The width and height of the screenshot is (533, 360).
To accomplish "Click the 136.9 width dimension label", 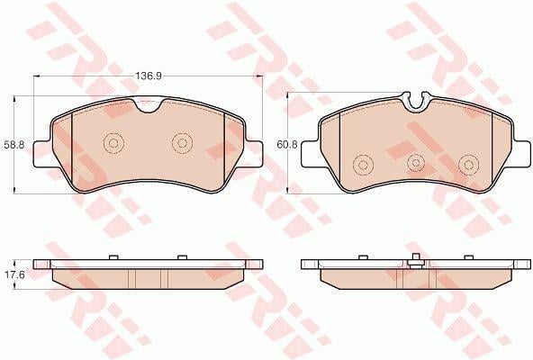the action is click(149, 76).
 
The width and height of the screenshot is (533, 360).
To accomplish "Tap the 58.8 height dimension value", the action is click(14, 145).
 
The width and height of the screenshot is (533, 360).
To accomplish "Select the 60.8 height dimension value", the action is click(287, 145).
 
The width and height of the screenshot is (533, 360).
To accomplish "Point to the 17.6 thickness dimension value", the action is click(14, 274).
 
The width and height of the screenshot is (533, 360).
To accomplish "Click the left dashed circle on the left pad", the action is click(113, 143).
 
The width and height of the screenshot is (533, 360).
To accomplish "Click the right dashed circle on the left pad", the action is click(182, 143).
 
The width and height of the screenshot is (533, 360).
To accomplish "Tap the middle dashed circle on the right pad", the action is click(415, 163).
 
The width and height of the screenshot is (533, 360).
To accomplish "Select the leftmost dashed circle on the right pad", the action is click(364, 166).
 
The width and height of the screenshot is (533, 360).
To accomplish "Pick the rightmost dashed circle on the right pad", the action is click(469, 166).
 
